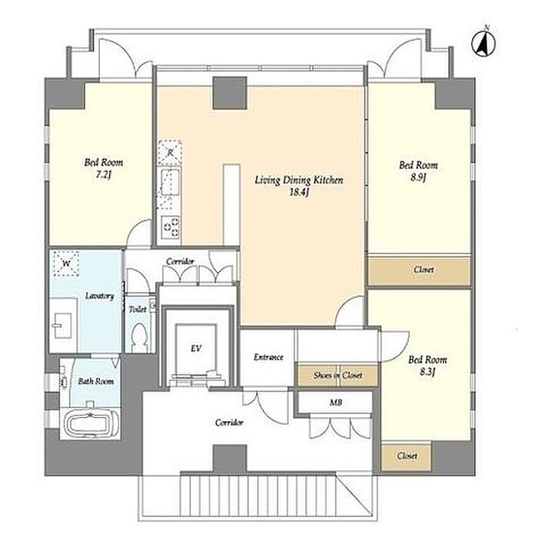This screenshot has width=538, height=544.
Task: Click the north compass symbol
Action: point(484,43)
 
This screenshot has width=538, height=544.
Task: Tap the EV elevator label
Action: point(196,348)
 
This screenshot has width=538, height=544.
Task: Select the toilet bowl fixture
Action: point(140,337)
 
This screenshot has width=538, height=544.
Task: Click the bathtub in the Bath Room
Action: point(90,423)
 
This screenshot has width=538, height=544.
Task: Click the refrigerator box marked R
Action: point(170,153)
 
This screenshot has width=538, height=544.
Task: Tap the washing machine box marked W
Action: point(66,264)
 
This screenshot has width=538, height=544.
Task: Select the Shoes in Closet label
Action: point(337,376)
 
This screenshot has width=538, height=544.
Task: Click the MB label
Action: point(335,403)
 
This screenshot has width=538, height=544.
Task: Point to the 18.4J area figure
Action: point(299,192)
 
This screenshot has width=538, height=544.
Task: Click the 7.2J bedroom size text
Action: point(103,174)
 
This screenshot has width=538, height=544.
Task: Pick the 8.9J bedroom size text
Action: point(418,177)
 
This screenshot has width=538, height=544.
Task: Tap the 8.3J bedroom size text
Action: point(427,372)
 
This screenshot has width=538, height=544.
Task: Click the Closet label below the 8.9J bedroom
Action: point(423,270)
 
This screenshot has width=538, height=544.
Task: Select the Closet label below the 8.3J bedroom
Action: point(407,456)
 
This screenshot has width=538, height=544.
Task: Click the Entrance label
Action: point(268,357)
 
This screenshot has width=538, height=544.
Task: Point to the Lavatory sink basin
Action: point(62,326)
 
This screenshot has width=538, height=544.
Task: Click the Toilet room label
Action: point(138,309)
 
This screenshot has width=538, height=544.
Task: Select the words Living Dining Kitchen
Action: point(299,180)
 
